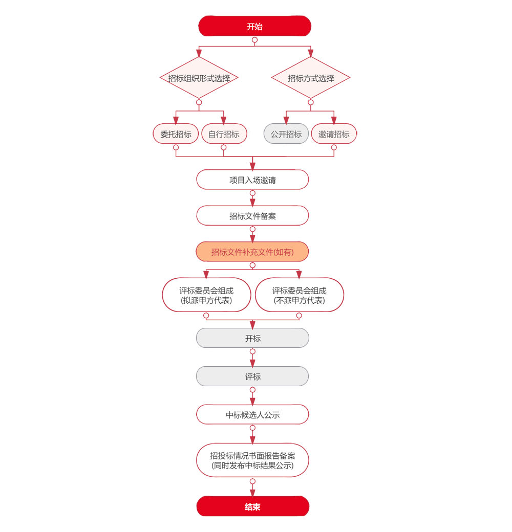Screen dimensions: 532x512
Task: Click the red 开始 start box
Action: point(254,27)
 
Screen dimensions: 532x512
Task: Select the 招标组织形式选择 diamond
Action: point(199,78)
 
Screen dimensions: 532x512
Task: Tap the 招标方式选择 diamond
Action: point(311,78)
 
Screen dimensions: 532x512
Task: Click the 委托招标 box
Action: point(176,134)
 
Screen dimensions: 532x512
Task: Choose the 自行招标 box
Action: point(223,134)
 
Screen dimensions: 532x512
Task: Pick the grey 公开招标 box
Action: point(286,134)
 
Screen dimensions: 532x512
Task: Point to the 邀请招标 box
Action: point(334,134)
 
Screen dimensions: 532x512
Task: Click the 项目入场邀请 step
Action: point(252,180)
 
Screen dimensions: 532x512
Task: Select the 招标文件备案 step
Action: point(252,216)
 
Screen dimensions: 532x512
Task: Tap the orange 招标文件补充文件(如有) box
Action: point(252,252)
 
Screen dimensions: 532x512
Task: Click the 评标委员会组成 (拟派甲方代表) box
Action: point(206,295)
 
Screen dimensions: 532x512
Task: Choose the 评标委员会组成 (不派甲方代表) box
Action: point(299,295)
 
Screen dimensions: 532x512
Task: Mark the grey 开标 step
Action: point(252,339)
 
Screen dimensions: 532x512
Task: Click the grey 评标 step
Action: point(252,377)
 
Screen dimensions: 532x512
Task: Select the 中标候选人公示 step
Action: point(252,415)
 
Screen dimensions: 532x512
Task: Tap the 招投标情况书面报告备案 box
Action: point(252,460)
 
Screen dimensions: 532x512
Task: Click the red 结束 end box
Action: point(252,507)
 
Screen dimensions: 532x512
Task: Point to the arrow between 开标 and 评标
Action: point(252,361)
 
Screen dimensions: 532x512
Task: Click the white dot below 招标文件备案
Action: point(252,229)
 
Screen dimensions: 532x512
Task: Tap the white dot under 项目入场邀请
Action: point(252,193)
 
